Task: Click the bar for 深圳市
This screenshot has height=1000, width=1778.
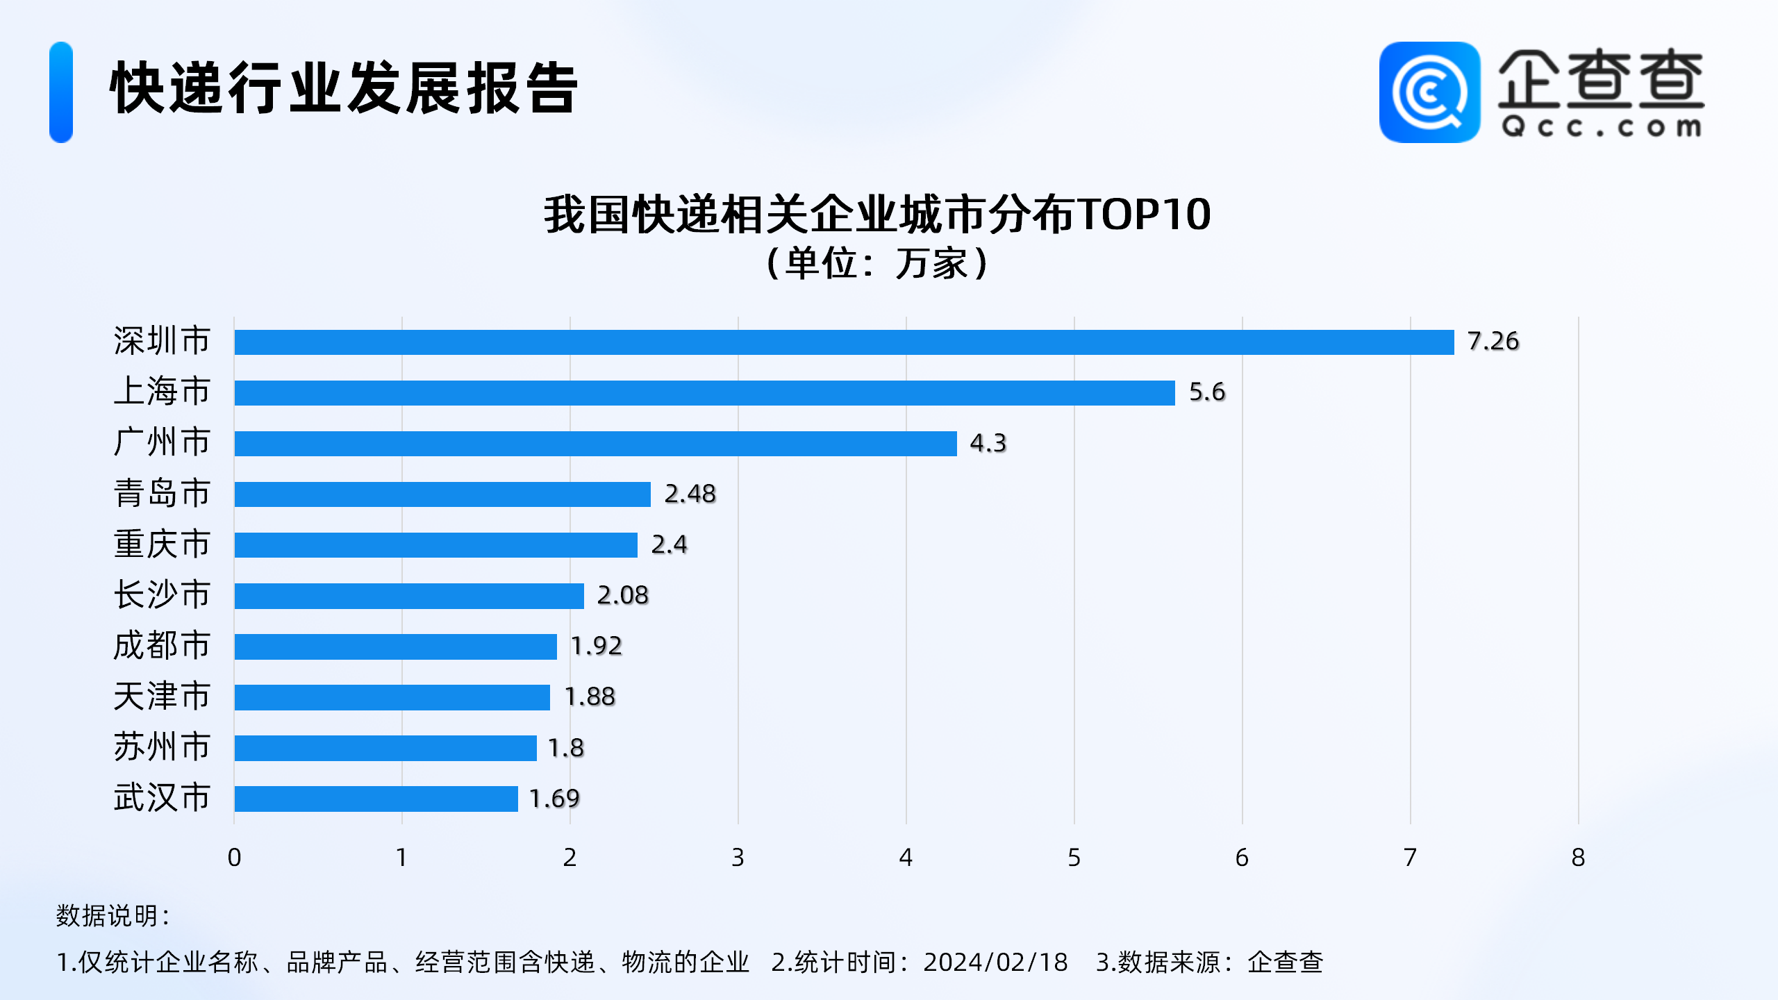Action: (x=844, y=342)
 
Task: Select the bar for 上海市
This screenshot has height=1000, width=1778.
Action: (x=704, y=392)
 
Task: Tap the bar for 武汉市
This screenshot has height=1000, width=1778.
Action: (x=376, y=799)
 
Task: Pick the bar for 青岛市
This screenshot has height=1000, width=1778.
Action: (x=442, y=494)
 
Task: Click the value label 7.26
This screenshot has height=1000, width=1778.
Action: (x=1493, y=341)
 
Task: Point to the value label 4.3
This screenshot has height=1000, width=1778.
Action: (x=987, y=443)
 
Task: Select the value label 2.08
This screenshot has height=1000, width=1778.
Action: (x=622, y=595)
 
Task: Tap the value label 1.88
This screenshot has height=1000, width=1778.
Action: (x=589, y=697)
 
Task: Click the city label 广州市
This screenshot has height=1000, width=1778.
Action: (x=162, y=442)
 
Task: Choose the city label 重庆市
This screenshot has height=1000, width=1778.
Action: (x=162, y=544)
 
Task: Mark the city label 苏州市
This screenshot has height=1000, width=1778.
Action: (x=162, y=747)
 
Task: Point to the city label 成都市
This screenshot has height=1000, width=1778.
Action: (x=162, y=646)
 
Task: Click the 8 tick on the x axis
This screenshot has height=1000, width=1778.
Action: (x=1578, y=858)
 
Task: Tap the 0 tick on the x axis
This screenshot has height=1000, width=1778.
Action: (x=234, y=858)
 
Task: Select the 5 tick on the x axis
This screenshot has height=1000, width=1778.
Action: (x=1074, y=858)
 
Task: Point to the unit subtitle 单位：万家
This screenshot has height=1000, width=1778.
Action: (x=877, y=263)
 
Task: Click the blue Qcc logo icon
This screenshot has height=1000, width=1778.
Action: (x=1429, y=92)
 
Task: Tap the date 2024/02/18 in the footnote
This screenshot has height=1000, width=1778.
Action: (x=995, y=962)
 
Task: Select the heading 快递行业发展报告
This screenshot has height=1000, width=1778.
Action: (x=344, y=88)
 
